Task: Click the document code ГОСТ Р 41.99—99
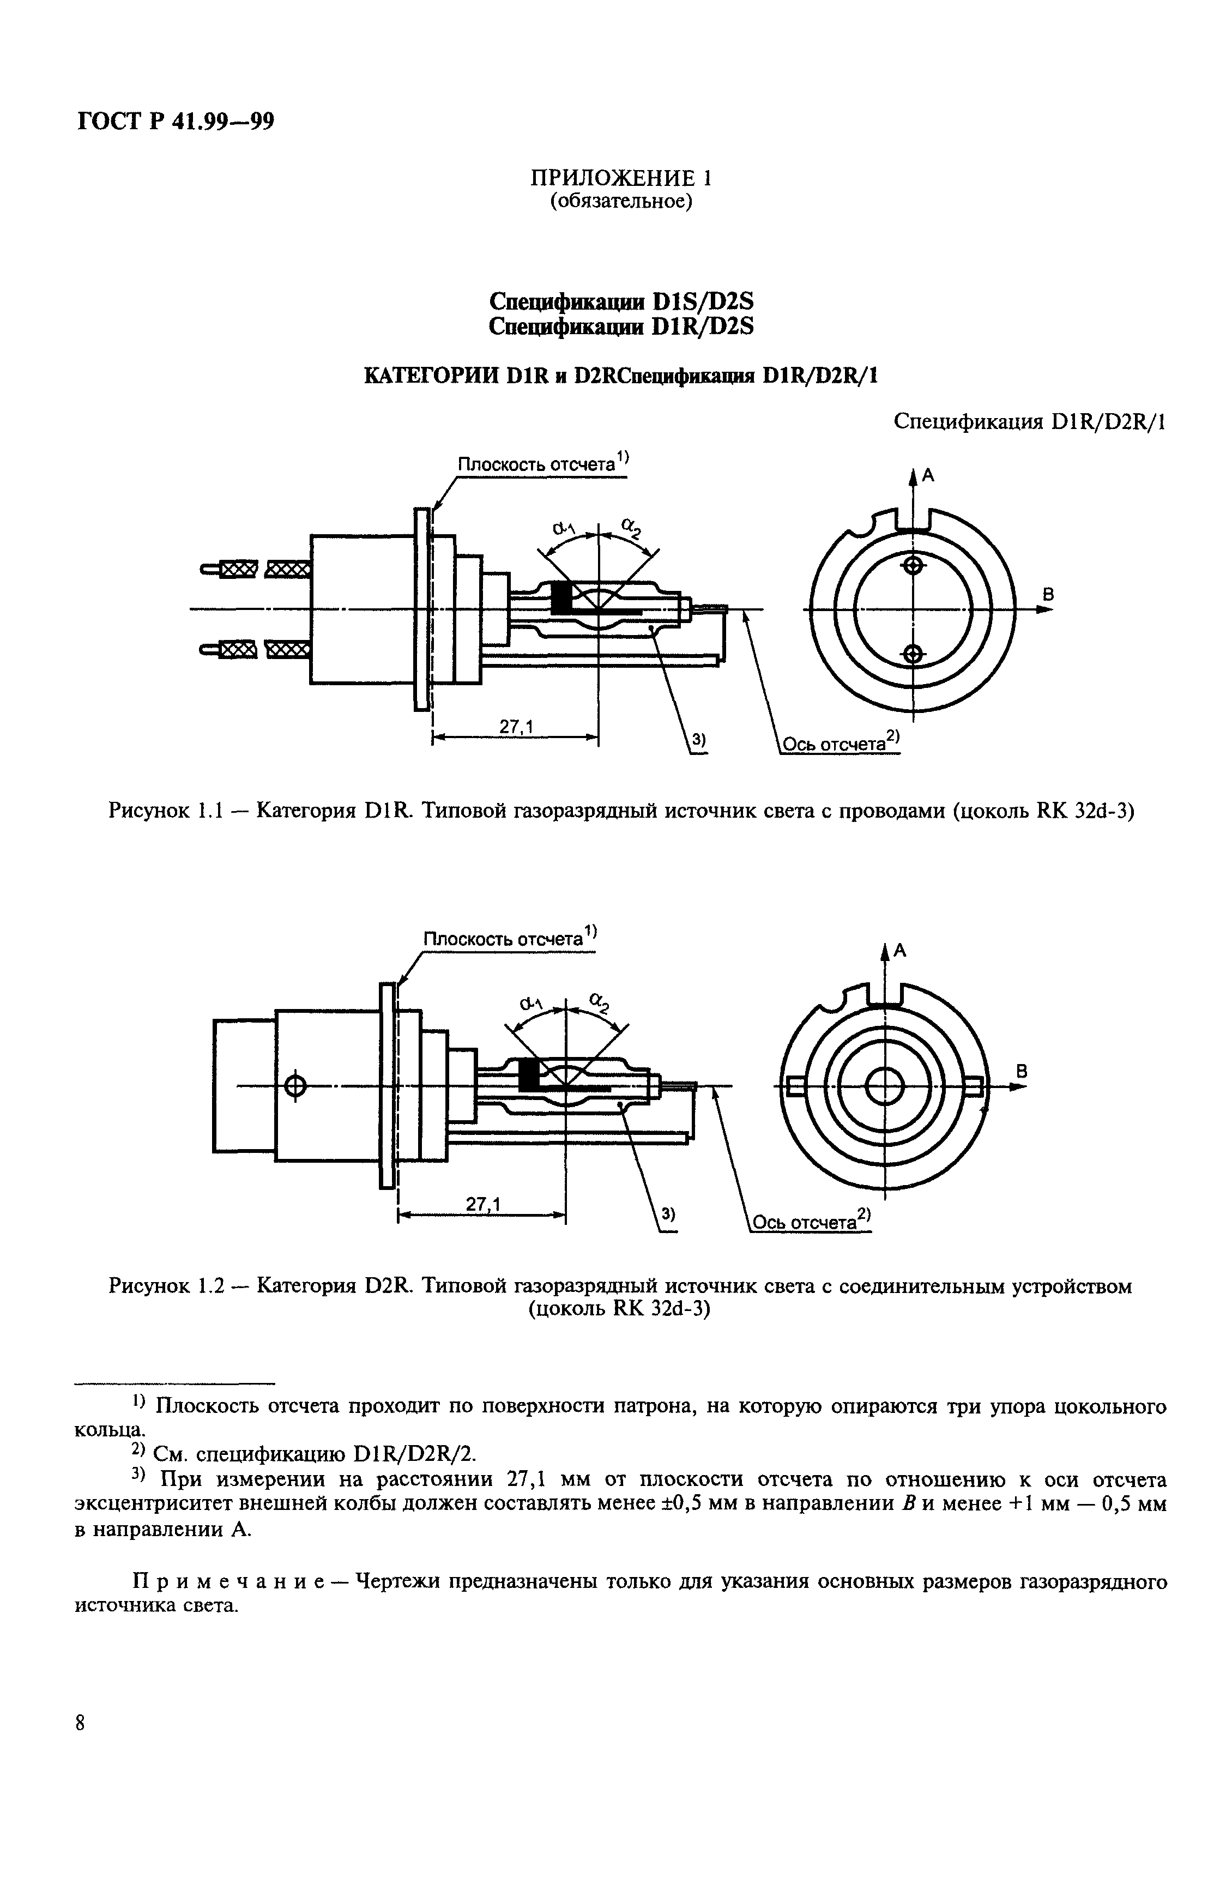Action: pos(176,122)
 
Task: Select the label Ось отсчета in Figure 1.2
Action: pos(805,1222)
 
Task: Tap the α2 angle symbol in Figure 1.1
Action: pos(631,526)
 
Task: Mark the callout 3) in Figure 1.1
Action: pos(698,740)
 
